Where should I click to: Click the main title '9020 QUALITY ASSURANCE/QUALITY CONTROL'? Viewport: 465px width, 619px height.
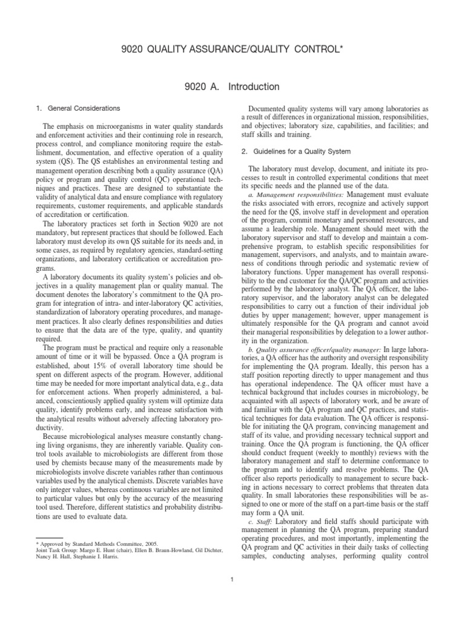[x=232, y=47]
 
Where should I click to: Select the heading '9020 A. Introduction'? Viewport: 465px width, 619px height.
[x=232, y=87]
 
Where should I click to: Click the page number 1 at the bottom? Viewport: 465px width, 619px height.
[x=232, y=581]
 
